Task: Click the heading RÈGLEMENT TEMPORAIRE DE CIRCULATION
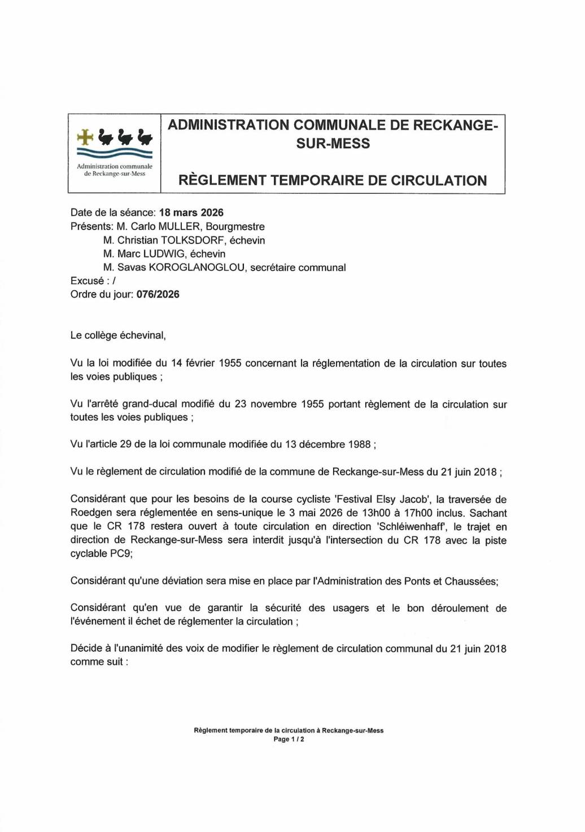tap(332, 181)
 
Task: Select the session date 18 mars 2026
tap(191, 213)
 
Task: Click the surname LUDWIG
tap(164, 254)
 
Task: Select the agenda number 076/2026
tap(158, 294)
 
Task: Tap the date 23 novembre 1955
tap(279, 404)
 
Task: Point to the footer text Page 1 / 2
tap(289, 739)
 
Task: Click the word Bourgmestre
tap(235, 226)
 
